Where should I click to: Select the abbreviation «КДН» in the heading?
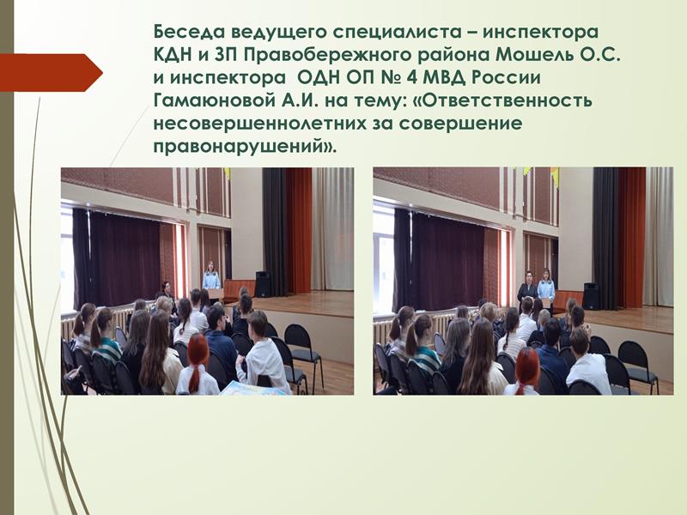pos(173,55)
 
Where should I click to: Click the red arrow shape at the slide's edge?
pos(52,73)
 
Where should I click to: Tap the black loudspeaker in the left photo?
pos(263,284)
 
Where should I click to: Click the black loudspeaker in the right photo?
pos(591,296)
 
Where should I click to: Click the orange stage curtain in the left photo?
pos(298,231)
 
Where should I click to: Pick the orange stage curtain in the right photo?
pos(632,238)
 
